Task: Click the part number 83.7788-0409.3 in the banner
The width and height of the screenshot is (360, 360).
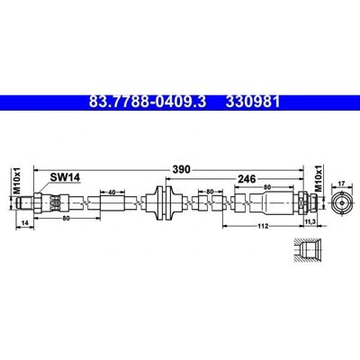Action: coord(148,102)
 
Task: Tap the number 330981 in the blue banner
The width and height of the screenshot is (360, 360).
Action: coord(253,102)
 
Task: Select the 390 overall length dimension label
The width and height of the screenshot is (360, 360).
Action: coord(181,169)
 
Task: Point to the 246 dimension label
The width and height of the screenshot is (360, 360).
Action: coord(247,179)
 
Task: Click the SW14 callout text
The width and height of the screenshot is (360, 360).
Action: coord(65,177)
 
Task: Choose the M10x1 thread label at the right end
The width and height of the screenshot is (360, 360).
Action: coord(319,178)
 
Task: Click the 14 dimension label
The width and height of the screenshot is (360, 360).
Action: coord(25,222)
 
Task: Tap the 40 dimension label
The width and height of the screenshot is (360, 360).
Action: coord(112,193)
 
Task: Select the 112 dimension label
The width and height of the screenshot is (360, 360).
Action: coord(263,226)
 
